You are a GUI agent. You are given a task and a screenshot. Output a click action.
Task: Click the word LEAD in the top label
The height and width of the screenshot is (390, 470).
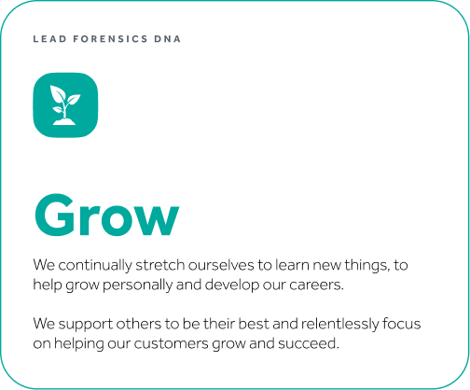pyautogui.click(x=49, y=39)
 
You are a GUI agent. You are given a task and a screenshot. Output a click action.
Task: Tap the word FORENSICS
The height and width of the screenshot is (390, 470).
pyautogui.click(x=110, y=39)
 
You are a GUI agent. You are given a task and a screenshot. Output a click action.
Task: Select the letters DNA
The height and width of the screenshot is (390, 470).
pyautogui.click(x=167, y=39)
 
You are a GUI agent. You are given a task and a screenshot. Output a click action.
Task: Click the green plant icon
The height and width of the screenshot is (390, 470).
pyautogui.click(x=65, y=105)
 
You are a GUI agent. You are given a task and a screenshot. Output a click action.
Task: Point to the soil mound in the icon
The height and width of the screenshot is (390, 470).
pyautogui.click(x=64, y=121)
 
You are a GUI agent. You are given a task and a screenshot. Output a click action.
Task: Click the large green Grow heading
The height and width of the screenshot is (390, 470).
pyautogui.click(x=106, y=215)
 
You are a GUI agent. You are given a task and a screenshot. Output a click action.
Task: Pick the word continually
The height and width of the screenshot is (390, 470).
pyautogui.click(x=95, y=266)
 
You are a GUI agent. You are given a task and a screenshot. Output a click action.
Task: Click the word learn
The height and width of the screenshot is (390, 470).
pyautogui.click(x=292, y=265)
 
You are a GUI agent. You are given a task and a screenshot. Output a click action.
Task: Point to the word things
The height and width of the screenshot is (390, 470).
pyautogui.click(x=366, y=266)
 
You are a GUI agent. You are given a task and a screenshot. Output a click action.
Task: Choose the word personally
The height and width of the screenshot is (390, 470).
pyautogui.click(x=137, y=286)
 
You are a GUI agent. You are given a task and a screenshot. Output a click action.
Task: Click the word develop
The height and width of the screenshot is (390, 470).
pyautogui.click(x=232, y=286)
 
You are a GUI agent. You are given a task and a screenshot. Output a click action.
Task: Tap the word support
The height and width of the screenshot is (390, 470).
pyautogui.click(x=86, y=325)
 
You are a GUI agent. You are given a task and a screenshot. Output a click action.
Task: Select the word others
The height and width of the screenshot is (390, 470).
pyautogui.click(x=138, y=324)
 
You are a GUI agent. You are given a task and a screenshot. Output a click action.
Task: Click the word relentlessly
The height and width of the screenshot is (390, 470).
pyautogui.click(x=340, y=325)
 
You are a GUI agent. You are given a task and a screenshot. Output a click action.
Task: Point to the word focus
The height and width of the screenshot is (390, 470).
pyautogui.click(x=402, y=324)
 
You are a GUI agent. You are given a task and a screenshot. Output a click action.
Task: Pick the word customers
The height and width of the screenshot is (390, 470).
pyautogui.click(x=172, y=344)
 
